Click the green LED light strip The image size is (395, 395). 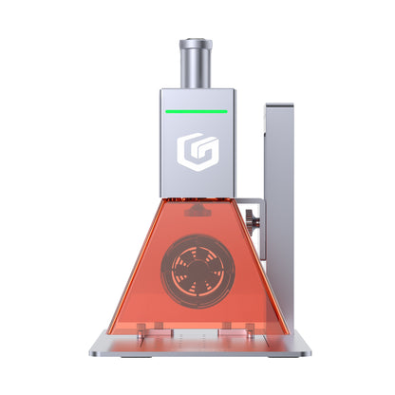click(196, 110)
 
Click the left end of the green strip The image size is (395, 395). click(165, 110)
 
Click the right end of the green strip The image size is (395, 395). click(226, 110)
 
